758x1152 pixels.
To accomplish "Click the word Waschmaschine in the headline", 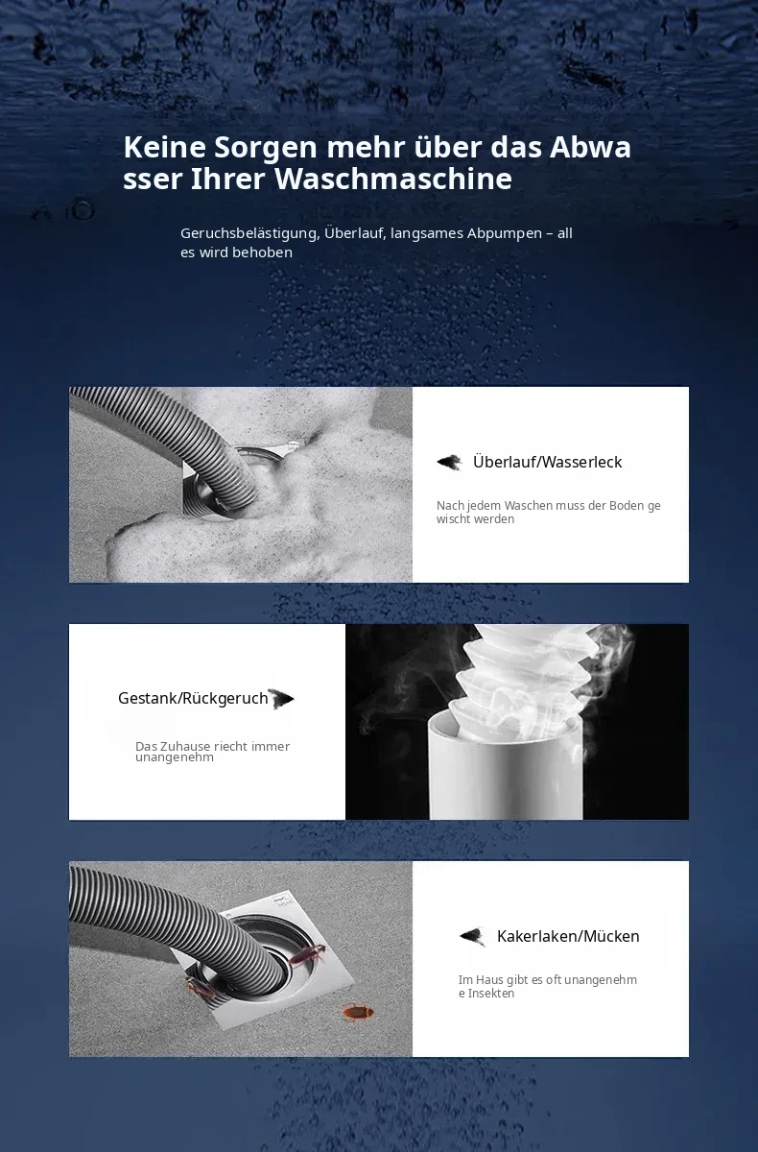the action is coord(393,179).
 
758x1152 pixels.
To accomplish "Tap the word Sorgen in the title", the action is coord(266,148).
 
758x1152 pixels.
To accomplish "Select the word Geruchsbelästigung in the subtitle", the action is coord(250,233).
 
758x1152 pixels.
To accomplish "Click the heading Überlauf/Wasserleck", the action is coord(547,462).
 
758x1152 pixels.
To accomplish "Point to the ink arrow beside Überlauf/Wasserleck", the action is coord(449,462).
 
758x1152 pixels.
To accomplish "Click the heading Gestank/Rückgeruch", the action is coord(193,699).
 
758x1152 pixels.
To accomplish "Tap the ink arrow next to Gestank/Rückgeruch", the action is coord(280,699).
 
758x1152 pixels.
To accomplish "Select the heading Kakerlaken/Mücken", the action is coord(568,936).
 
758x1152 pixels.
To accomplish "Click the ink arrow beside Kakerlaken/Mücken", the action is coord(472,937).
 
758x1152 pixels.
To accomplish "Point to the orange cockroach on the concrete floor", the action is coord(359,1012).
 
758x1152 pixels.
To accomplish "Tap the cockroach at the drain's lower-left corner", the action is coord(201,988).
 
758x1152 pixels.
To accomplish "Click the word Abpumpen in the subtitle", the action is coord(504,234).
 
